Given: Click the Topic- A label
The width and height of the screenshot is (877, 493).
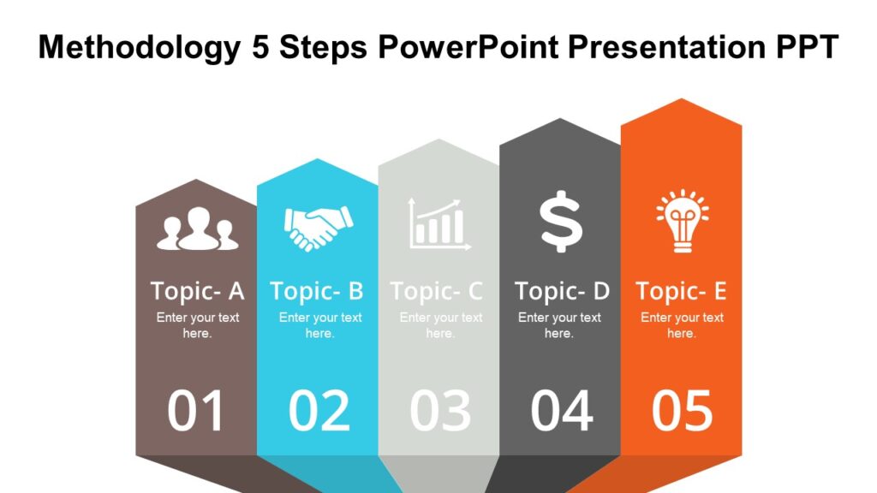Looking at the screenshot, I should (x=197, y=291).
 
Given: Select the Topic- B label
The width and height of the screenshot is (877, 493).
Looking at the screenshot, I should (x=317, y=291).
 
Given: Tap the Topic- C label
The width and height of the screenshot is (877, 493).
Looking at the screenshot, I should (x=437, y=291).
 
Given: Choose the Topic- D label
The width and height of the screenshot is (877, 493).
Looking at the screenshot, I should (x=562, y=291).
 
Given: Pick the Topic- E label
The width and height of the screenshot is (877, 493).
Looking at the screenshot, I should (x=681, y=291).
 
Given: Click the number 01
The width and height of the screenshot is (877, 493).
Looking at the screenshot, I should (x=196, y=411).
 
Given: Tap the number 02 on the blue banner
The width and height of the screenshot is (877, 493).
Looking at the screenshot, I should (x=319, y=411).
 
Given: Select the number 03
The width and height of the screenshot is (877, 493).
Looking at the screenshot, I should (x=440, y=411).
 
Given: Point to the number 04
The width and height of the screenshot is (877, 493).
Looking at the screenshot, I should (x=561, y=411).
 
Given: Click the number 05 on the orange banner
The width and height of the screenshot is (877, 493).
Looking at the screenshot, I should (x=682, y=411).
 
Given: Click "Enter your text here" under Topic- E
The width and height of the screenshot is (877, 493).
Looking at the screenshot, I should (x=682, y=325).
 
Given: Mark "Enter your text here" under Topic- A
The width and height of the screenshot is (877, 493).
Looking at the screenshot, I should (x=197, y=325).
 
